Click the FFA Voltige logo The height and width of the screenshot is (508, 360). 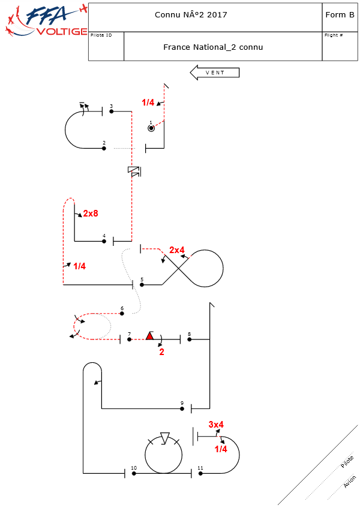(x=44, y=21)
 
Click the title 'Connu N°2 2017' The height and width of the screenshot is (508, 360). (x=191, y=14)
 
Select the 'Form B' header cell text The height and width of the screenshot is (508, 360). (x=340, y=14)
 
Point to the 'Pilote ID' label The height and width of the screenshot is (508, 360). (x=101, y=35)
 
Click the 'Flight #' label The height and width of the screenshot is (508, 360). (x=334, y=35)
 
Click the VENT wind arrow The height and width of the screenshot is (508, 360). (x=214, y=73)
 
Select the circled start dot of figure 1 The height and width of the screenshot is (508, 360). (x=151, y=128)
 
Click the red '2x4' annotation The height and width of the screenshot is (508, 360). (x=177, y=250)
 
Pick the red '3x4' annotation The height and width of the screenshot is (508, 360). (x=216, y=425)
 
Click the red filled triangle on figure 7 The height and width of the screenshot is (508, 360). (x=149, y=336)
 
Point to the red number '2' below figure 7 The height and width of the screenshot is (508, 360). (x=161, y=352)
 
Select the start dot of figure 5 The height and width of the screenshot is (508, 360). (x=142, y=285)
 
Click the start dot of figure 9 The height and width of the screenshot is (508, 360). (x=182, y=408)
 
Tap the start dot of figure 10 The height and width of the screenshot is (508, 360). (x=134, y=473)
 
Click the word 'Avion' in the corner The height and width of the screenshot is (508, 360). (x=350, y=482)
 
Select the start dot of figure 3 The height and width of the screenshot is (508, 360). (x=112, y=112)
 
